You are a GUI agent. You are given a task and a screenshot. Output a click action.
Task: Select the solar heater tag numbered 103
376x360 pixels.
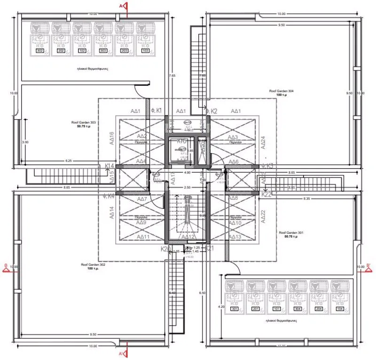[x=145, y=51]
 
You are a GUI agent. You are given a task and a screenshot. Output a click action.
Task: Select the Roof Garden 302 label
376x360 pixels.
[x=93, y=267]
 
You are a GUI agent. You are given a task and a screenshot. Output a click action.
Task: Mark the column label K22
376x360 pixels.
[x=266, y=193]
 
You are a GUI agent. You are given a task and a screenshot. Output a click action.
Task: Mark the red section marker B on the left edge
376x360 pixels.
[x=6, y=267]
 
